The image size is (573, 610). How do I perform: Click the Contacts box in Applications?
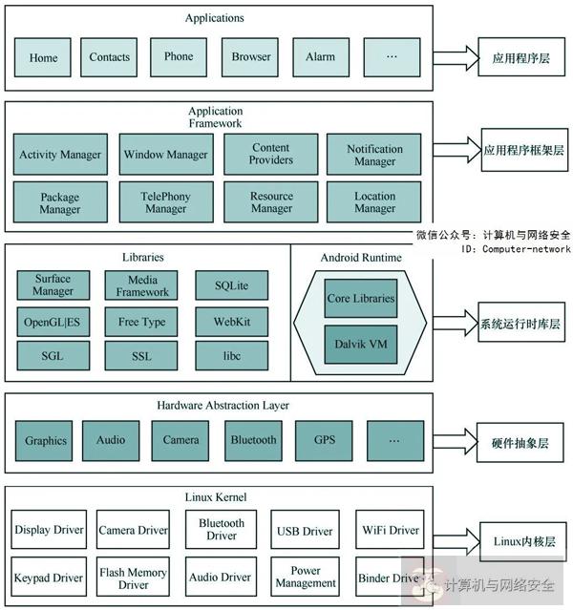coord(109,57)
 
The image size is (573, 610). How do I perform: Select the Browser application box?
coord(250,57)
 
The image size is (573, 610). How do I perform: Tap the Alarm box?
coord(320,57)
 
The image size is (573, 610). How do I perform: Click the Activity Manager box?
coord(60,155)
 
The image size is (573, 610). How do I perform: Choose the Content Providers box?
coord(271,155)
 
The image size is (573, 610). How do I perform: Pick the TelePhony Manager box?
coord(165,202)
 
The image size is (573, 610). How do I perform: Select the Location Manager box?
coord(374,202)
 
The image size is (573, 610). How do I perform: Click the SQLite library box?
coord(232,285)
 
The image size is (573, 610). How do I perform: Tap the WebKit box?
coord(232,322)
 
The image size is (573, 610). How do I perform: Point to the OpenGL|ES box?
coord(53,322)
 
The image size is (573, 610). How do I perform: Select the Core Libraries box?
coord(360,299)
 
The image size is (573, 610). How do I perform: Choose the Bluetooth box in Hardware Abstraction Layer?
coord(253,440)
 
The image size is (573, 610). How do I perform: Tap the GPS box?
coord(325,440)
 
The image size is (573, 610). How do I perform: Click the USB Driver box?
coord(305,531)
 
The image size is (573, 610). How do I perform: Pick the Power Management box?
coord(305,577)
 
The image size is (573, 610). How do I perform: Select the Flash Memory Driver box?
coord(134,578)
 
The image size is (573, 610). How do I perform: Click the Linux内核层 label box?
coord(523,541)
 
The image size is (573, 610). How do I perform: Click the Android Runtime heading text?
coord(360,258)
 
